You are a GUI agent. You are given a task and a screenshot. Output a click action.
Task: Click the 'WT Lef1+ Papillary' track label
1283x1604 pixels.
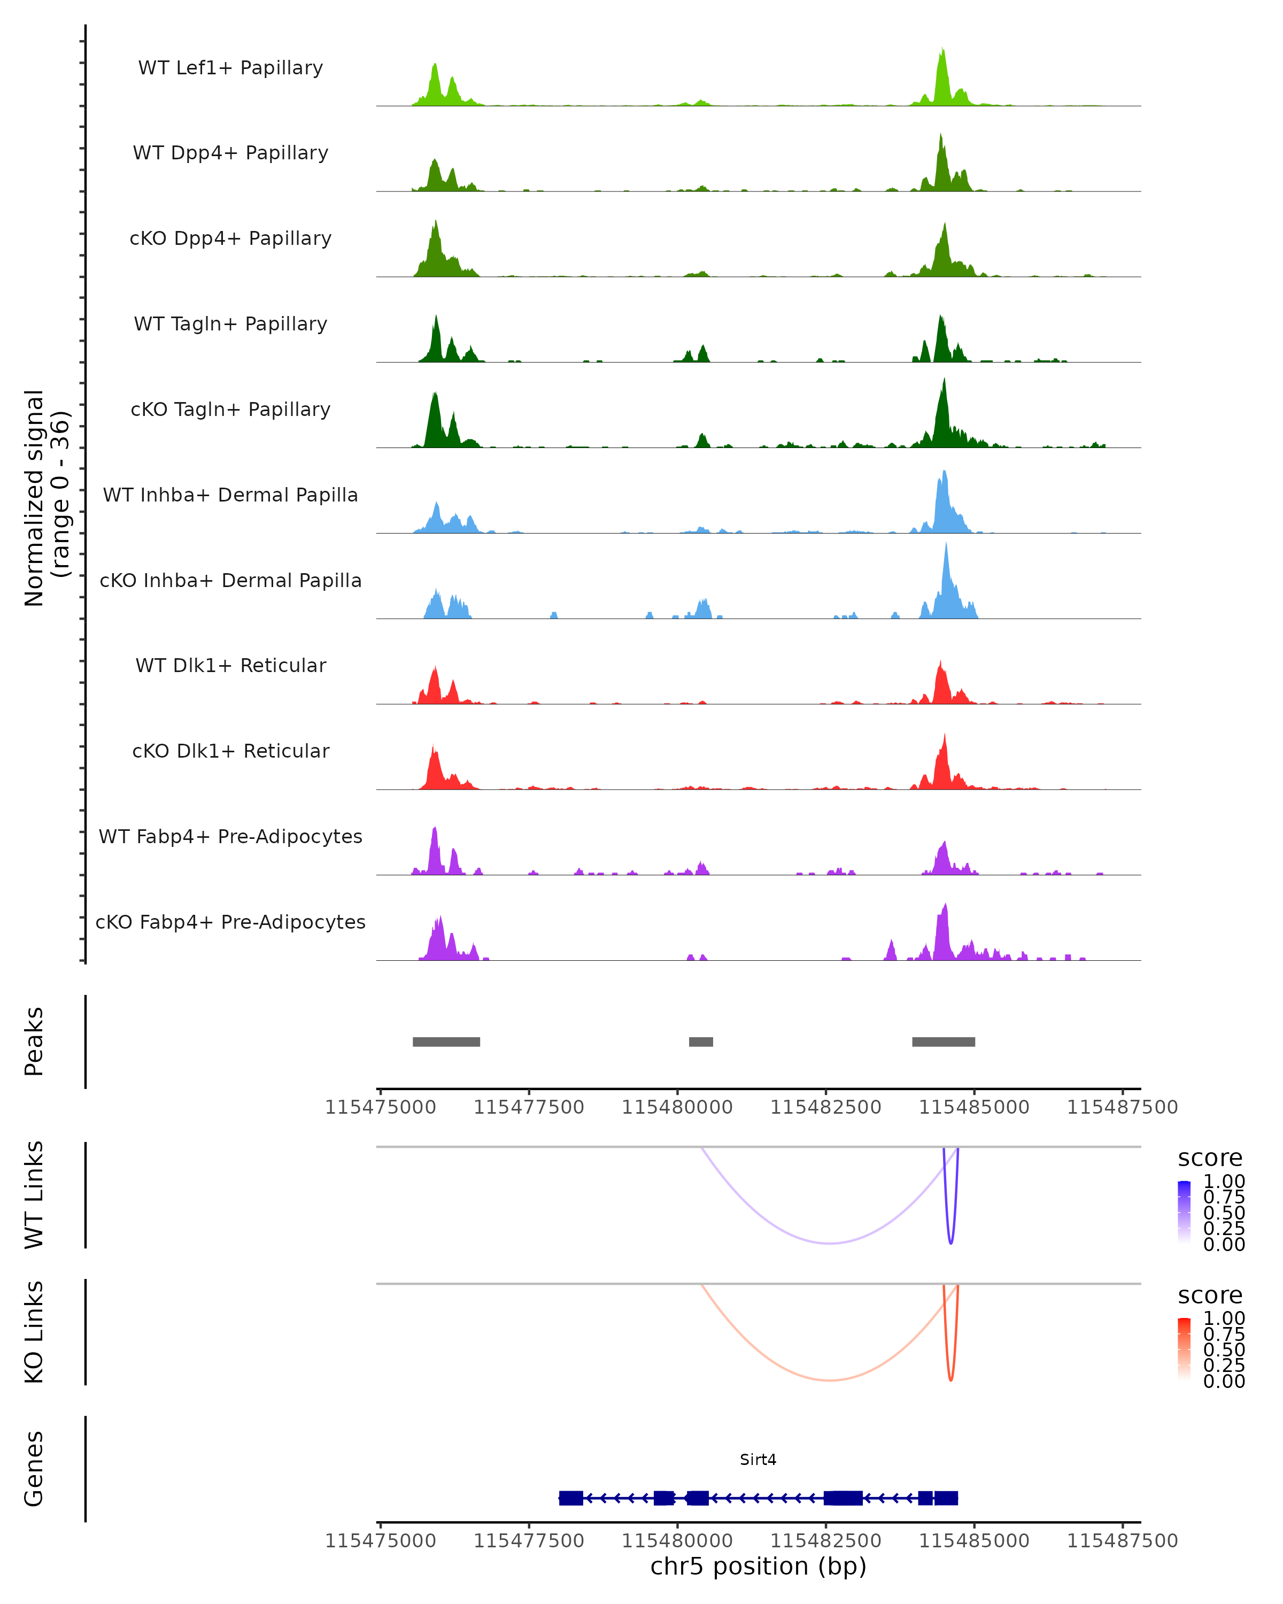click(x=230, y=68)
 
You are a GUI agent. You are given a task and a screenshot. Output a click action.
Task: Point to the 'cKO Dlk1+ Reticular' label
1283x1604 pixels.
click(x=230, y=751)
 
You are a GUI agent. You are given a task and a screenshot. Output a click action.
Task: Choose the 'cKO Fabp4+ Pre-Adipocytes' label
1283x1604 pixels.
click(x=230, y=922)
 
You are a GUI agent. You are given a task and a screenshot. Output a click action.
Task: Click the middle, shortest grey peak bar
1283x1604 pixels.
click(x=701, y=1042)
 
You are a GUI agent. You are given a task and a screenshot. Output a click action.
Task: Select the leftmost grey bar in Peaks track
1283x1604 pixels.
click(x=446, y=1042)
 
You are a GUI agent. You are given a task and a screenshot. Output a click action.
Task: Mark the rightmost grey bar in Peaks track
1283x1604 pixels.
click(x=943, y=1042)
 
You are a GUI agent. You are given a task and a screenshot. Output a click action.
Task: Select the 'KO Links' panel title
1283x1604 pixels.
click(x=34, y=1332)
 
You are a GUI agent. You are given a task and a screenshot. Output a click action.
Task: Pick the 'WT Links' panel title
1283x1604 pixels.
click(x=34, y=1195)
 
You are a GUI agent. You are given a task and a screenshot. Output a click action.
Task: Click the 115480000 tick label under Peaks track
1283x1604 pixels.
click(x=677, y=1107)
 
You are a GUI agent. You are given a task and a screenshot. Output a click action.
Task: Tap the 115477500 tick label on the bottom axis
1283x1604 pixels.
click(x=529, y=1541)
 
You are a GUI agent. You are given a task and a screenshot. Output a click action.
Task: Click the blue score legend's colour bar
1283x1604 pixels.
click(x=1184, y=1211)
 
